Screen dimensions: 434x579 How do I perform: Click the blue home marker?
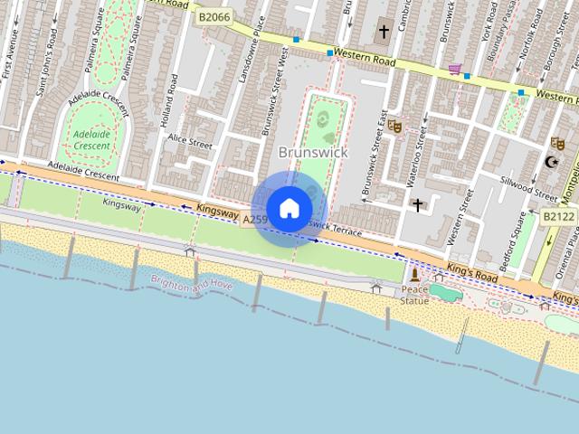tap(289, 208)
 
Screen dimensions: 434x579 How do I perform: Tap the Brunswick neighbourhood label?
tap(313, 153)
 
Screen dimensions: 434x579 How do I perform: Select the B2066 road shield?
tap(215, 16)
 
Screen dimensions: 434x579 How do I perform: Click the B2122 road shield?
tap(557, 217)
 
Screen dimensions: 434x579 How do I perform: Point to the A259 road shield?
tap(254, 219)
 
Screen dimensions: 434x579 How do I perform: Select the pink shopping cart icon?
tap(455, 69)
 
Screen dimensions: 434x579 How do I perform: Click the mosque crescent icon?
tap(551, 163)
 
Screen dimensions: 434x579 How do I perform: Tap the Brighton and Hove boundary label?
tap(192, 284)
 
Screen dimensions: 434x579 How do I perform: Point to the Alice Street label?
tap(189, 143)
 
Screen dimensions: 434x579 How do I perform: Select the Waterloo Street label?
tap(419, 150)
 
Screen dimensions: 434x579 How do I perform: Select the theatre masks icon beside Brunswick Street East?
tap(394, 127)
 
